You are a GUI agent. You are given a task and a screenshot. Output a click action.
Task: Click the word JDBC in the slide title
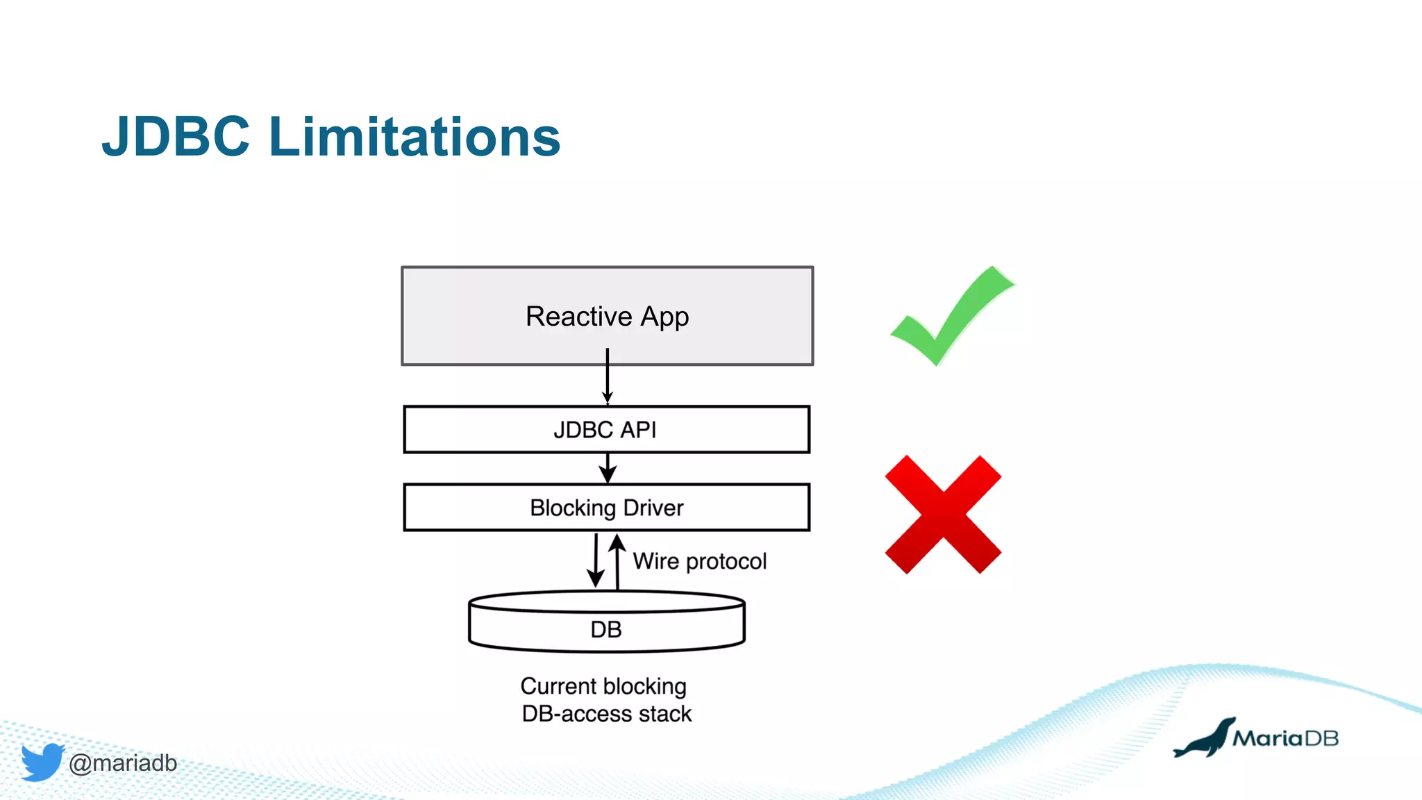click(x=176, y=137)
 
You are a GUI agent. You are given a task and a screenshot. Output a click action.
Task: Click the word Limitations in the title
click(x=414, y=137)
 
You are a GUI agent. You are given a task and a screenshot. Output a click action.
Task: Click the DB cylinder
click(x=605, y=628)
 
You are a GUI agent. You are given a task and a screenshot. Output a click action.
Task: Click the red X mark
click(x=943, y=515)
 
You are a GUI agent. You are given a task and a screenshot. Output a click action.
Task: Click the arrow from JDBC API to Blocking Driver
click(x=608, y=469)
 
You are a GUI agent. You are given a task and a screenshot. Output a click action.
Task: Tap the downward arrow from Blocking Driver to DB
click(x=596, y=560)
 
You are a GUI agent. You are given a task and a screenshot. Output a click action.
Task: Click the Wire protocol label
click(x=699, y=561)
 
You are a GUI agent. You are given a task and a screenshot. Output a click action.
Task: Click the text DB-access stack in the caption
click(x=606, y=714)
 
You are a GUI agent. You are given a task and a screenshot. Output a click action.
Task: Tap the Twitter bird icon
click(x=42, y=762)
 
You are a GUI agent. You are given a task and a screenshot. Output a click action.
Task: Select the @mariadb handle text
click(x=123, y=763)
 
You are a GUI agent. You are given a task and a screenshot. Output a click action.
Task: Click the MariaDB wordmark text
click(x=1285, y=738)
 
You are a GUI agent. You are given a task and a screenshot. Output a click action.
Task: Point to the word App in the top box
click(x=664, y=317)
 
